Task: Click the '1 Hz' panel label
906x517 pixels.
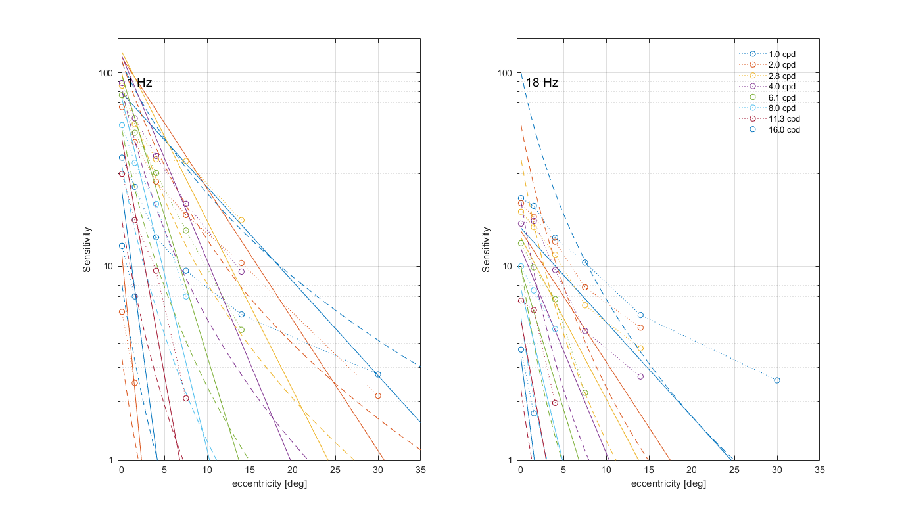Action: (x=139, y=83)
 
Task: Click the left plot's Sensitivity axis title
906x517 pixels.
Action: (x=87, y=250)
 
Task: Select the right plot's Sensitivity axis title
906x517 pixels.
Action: (x=487, y=250)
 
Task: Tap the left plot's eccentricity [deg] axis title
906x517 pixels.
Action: (x=270, y=484)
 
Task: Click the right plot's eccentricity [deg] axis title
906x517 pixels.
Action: (x=669, y=484)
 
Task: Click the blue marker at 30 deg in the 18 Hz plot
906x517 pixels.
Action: (x=777, y=380)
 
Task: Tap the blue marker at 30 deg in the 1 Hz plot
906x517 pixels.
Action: (x=377, y=374)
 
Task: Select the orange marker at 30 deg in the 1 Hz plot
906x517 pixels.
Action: (x=378, y=395)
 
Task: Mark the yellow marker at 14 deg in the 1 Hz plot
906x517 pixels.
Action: (x=241, y=220)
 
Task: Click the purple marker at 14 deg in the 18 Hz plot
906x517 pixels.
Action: (x=640, y=376)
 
